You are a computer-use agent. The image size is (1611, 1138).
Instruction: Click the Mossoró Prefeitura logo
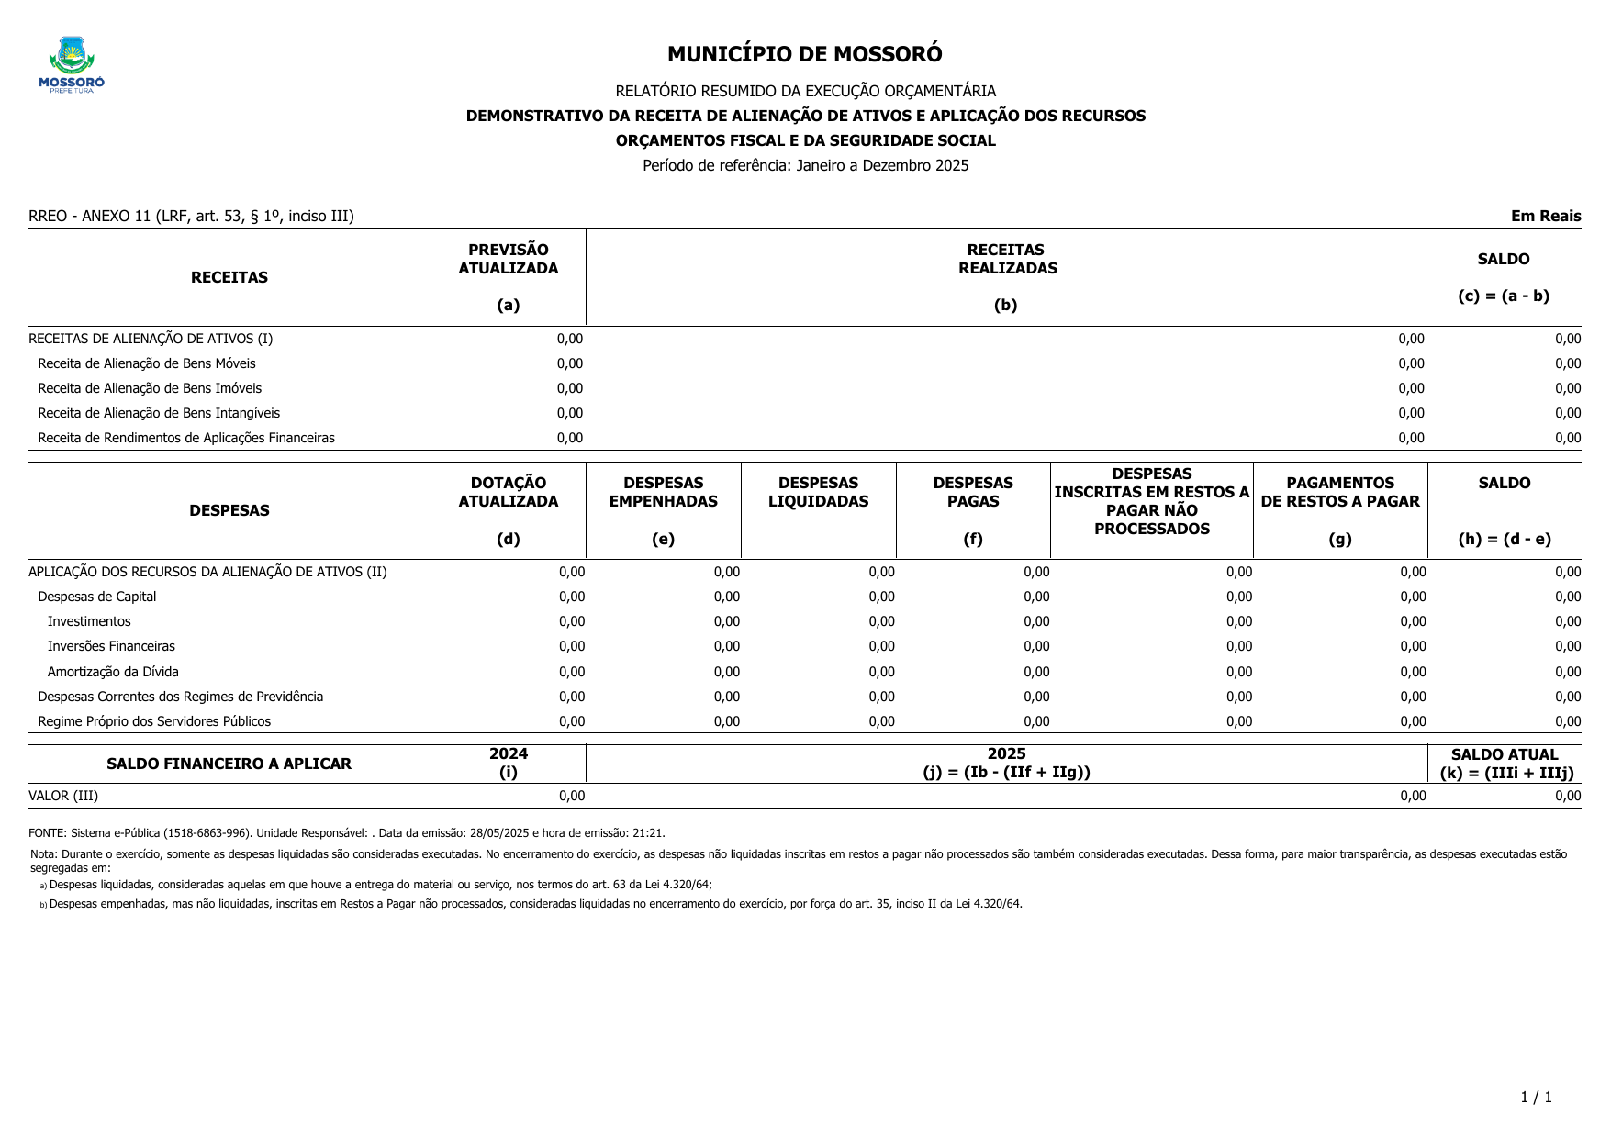click(x=72, y=65)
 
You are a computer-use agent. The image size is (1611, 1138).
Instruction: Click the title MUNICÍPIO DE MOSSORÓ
click(x=804, y=54)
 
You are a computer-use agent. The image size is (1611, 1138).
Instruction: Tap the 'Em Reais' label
click(x=1546, y=216)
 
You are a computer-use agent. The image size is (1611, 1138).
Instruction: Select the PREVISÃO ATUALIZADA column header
click(x=508, y=260)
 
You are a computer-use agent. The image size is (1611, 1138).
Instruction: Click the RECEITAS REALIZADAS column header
click(x=1007, y=260)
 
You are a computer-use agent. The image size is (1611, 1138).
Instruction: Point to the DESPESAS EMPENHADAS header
click(x=663, y=493)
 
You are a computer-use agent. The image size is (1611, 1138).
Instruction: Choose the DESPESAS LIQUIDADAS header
click(x=818, y=493)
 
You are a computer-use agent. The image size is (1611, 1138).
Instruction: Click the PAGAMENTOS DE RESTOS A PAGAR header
click(x=1339, y=493)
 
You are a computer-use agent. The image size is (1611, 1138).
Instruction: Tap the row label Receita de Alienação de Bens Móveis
click(x=147, y=363)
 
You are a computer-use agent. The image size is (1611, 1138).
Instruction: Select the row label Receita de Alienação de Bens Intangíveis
click(x=159, y=413)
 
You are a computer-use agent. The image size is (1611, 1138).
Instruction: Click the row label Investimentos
click(x=89, y=621)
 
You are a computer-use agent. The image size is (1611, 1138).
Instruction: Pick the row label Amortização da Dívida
click(x=113, y=672)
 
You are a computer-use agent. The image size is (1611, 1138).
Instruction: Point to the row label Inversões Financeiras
click(x=111, y=646)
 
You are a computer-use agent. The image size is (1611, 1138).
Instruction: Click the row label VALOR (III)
click(x=63, y=796)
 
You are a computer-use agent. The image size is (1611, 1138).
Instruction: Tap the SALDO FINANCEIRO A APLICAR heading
click(x=229, y=764)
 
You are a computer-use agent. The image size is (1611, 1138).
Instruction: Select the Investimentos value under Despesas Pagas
click(x=1035, y=621)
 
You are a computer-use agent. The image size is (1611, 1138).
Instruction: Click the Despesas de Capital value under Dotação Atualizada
click(x=571, y=597)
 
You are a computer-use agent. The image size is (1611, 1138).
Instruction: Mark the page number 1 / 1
click(x=1536, y=1097)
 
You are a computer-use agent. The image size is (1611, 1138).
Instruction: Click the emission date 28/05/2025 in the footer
click(x=497, y=833)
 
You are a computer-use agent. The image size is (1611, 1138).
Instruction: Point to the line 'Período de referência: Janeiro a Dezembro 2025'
click(x=805, y=165)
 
